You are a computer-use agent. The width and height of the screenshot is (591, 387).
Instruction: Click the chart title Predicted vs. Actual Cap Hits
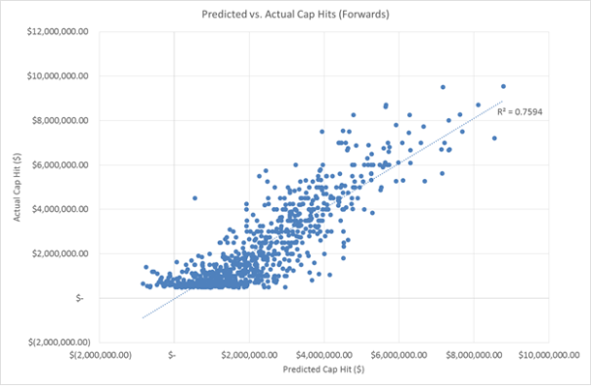[x=295, y=16]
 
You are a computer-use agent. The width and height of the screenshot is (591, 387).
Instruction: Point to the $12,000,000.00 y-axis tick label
[x=62, y=31]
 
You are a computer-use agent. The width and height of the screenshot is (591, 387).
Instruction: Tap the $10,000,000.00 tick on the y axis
[x=62, y=75]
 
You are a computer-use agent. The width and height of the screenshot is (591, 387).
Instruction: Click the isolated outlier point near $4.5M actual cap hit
[x=194, y=197]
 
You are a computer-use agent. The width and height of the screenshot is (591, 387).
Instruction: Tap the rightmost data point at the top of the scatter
[x=503, y=86]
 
